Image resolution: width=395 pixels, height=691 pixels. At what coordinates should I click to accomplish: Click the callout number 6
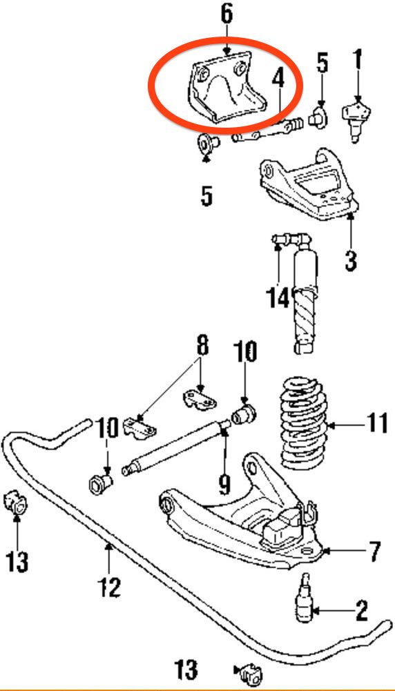click(x=226, y=15)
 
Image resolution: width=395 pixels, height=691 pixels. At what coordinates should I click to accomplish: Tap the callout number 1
click(x=358, y=59)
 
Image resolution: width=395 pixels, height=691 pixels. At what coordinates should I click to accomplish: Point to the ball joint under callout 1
click(x=357, y=120)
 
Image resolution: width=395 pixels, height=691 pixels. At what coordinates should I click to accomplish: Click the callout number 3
click(x=351, y=260)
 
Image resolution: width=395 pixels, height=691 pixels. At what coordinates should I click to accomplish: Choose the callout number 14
click(x=278, y=298)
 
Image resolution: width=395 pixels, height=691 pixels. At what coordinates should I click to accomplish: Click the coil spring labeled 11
click(x=304, y=423)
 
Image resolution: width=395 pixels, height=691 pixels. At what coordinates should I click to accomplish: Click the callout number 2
click(x=361, y=610)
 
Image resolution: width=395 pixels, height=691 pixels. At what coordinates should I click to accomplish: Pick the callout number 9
click(x=224, y=483)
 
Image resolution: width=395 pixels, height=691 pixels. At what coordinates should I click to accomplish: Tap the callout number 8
click(x=202, y=346)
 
